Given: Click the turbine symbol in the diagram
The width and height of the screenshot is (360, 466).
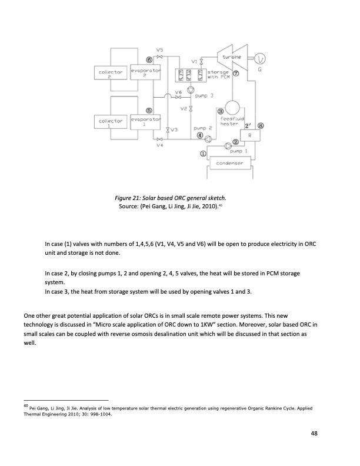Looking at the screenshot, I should tap(231, 58).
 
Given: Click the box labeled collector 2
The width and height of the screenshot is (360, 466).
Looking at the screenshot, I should tap(110, 74).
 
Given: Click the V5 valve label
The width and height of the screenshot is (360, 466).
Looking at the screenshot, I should tap(159, 49).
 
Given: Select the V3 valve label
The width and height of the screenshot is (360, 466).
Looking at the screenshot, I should tap(174, 129).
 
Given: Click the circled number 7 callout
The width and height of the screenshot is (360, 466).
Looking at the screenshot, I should tap(236, 74).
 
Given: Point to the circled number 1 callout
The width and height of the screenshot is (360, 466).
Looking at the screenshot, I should tap(204, 154).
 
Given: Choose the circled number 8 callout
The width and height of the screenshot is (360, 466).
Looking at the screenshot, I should tap(261, 125).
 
